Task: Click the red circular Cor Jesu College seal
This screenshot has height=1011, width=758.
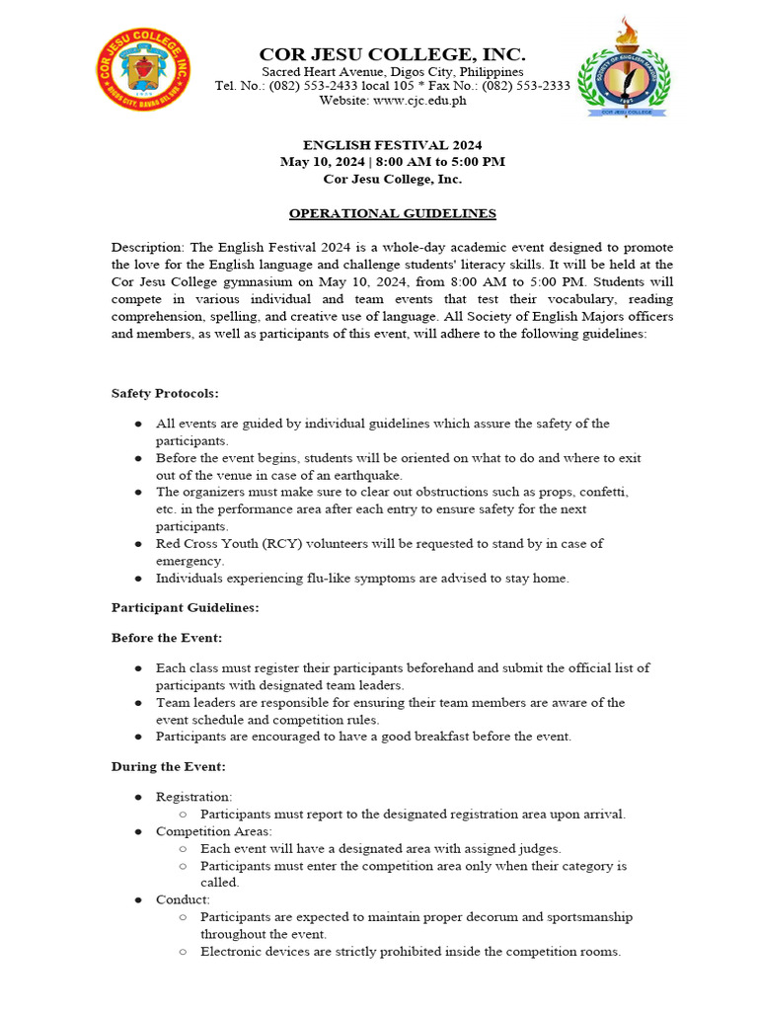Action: (x=145, y=70)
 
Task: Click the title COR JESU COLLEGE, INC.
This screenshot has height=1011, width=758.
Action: (x=392, y=54)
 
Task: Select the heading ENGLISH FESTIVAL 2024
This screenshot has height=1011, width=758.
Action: (x=392, y=145)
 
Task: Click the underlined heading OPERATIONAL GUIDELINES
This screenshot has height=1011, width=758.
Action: (x=392, y=213)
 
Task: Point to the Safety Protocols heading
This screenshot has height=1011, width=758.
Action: (x=165, y=393)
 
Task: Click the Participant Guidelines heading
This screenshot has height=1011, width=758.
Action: (x=185, y=607)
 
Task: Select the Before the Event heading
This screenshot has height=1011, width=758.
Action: (x=166, y=638)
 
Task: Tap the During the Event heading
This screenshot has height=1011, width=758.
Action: (x=168, y=766)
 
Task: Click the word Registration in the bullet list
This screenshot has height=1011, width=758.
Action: (x=193, y=797)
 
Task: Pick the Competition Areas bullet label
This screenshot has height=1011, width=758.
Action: (x=213, y=831)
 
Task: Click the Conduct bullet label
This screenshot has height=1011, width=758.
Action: (x=183, y=899)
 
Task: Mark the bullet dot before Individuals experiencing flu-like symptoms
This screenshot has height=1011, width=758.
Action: (x=138, y=579)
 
